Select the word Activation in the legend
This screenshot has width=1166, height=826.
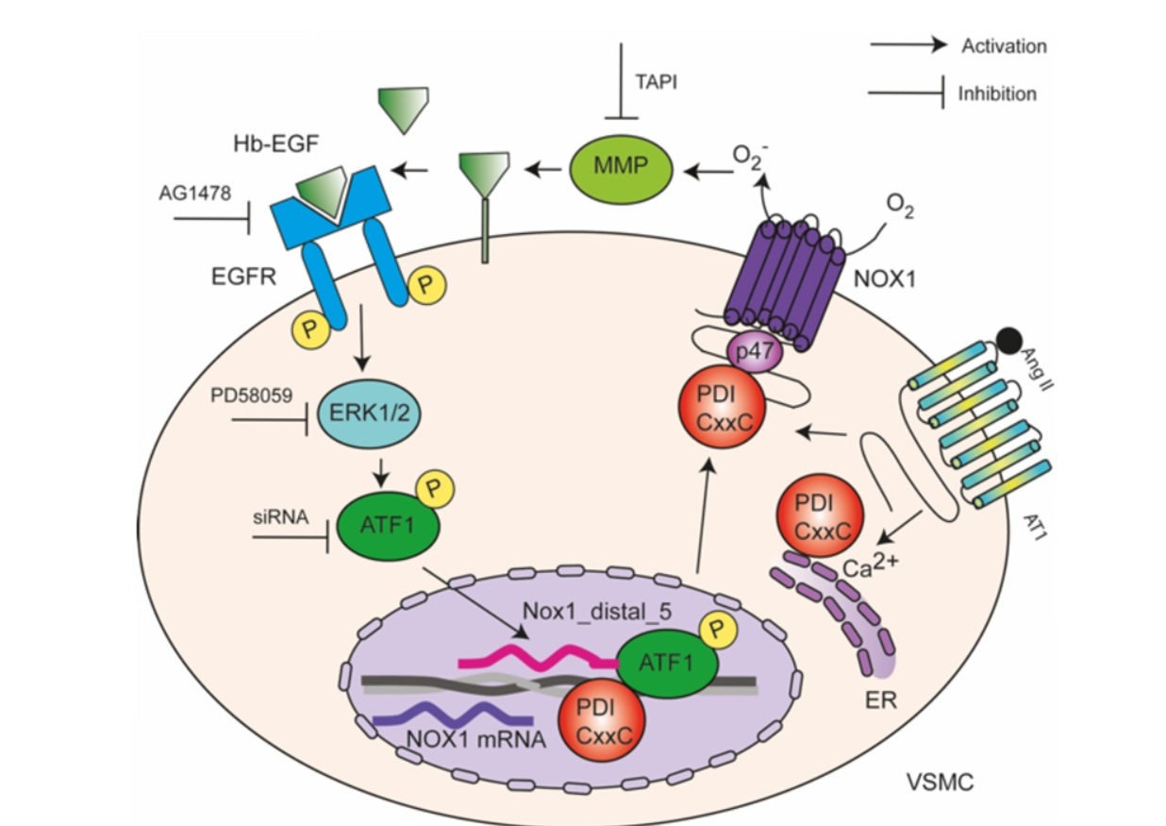(x=1004, y=45)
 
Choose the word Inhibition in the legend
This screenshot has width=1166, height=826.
(x=997, y=93)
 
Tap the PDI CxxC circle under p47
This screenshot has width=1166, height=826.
(x=725, y=410)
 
